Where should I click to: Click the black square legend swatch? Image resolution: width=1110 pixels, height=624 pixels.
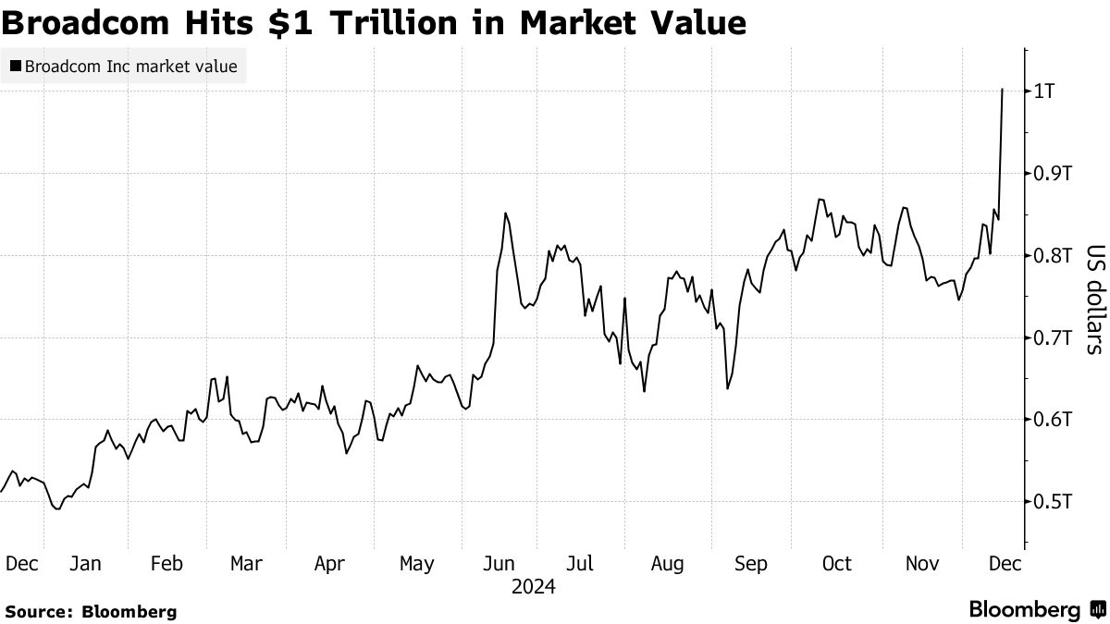click(15, 67)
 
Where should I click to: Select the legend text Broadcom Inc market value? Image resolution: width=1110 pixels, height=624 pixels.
click(130, 67)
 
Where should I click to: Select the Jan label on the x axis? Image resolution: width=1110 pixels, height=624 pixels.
click(86, 564)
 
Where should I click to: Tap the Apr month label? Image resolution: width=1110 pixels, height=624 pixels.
click(330, 564)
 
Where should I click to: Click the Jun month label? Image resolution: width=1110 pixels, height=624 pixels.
click(499, 564)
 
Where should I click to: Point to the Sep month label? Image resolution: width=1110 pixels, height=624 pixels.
click(750, 564)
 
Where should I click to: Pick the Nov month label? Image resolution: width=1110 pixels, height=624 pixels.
click(920, 564)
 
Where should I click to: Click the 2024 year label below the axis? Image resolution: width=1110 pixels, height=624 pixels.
click(533, 587)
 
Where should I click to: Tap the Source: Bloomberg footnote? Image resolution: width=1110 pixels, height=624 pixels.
click(91, 611)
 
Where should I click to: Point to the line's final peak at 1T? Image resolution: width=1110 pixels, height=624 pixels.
click(1003, 90)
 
